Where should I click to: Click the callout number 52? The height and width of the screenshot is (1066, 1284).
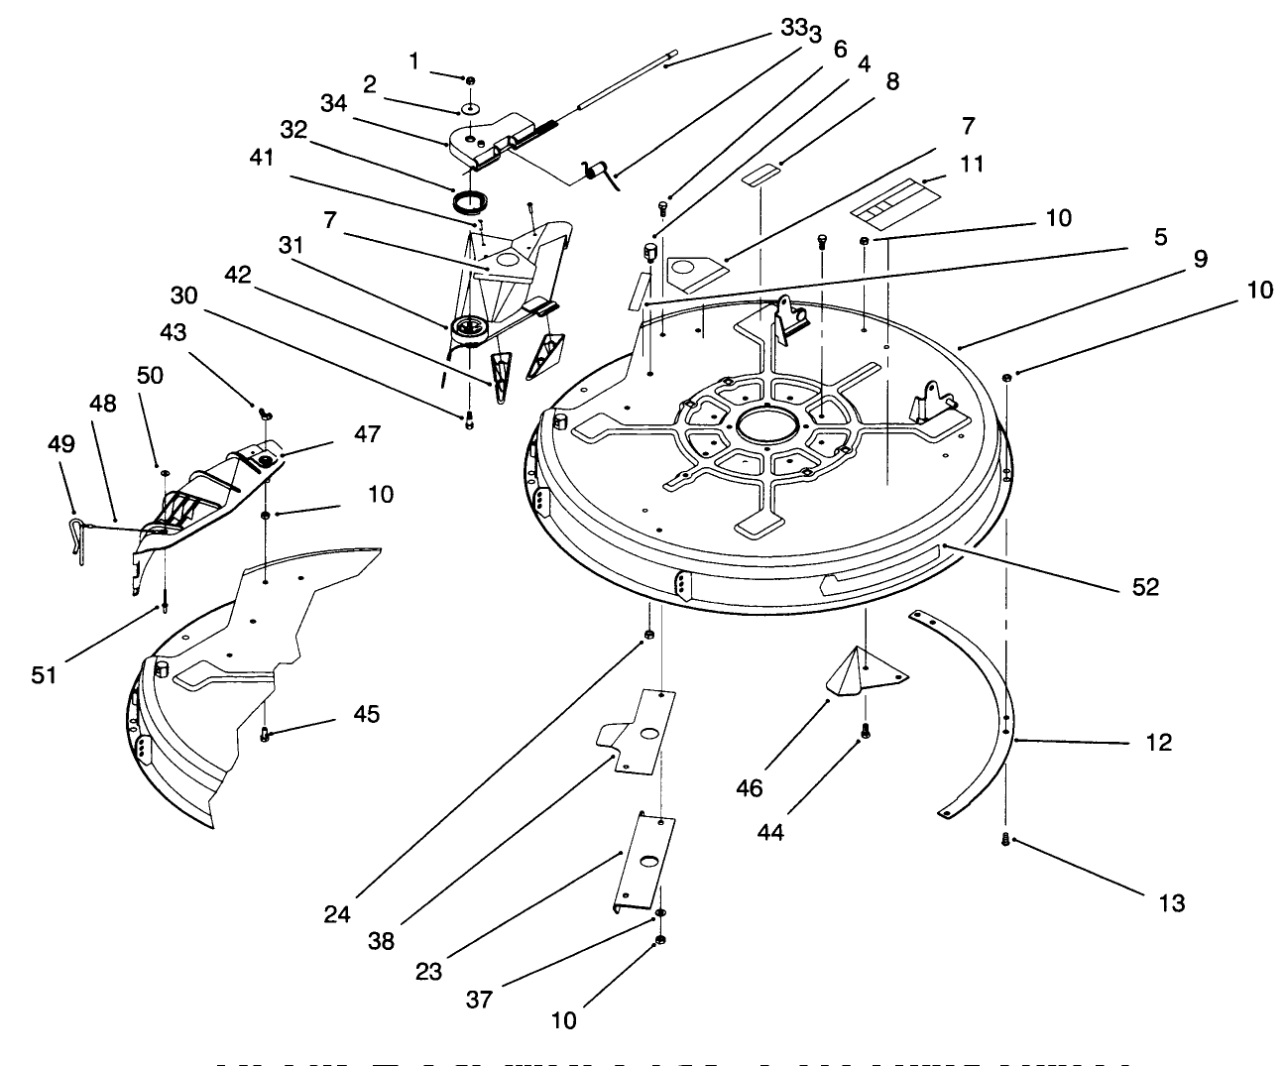point(1144,587)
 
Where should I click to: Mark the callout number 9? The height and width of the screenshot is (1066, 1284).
point(1200,259)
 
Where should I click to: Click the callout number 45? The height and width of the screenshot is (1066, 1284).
point(366,714)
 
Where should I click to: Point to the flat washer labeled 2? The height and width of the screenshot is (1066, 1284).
point(471,108)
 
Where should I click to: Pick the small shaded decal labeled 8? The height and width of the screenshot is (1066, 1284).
point(764,175)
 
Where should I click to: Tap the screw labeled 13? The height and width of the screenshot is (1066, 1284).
point(1005,840)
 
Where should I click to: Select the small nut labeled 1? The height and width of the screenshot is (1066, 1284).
point(470,80)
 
